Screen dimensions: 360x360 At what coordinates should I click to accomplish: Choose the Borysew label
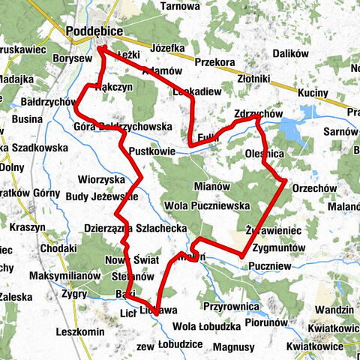click(x=73, y=58)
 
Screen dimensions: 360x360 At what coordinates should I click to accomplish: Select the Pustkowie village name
click(x=151, y=151)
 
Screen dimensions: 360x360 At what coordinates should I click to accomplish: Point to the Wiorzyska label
click(x=101, y=180)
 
